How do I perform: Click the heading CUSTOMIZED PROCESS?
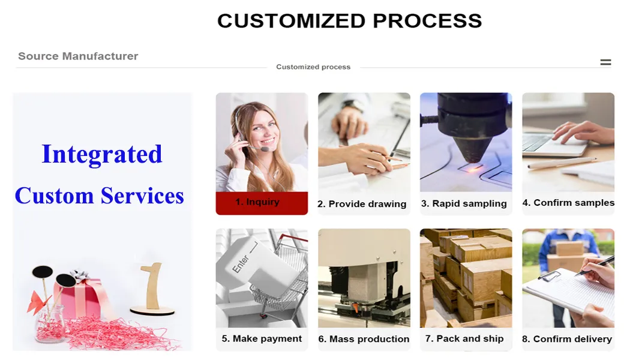coord(349,21)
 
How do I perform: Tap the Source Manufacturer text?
coord(78,56)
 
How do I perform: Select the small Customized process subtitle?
coord(313,67)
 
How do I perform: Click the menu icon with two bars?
coord(605,62)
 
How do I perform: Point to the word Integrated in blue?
coord(102,154)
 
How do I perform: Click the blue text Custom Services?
coord(99,196)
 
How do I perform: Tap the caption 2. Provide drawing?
coord(362,204)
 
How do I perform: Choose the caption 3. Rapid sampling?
coord(464,203)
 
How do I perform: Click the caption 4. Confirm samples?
coord(568,203)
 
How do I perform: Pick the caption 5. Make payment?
coord(262,339)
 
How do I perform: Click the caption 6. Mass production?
coord(364,340)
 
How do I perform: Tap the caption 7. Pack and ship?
coord(464,339)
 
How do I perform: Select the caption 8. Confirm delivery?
coord(567,340)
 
